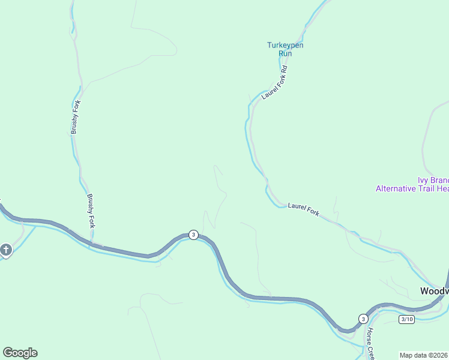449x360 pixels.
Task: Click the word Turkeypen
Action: (285, 45)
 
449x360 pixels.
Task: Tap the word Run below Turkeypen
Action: (285, 53)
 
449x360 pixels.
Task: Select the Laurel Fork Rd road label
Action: (275, 82)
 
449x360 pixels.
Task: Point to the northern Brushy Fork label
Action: (75, 118)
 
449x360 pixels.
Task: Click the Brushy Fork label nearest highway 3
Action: (91, 211)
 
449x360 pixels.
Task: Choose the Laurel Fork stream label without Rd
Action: (303, 209)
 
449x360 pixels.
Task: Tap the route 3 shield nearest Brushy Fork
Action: (193, 235)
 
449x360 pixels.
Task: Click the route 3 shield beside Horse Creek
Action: (363, 318)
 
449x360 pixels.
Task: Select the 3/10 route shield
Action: (407, 319)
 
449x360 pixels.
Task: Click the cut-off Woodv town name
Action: (433, 291)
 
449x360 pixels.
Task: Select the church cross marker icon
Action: (6, 250)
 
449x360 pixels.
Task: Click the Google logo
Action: (20, 353)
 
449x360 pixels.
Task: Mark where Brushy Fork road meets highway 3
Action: (91, 245)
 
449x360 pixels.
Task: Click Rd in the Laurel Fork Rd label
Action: (285, 68)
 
